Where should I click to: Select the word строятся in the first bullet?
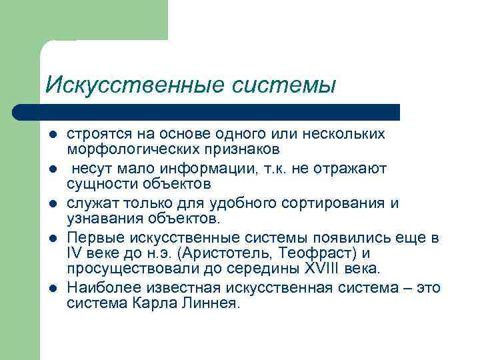point(97,134)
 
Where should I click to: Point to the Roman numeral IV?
point(74,254)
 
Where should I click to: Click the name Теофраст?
point(311,254)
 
